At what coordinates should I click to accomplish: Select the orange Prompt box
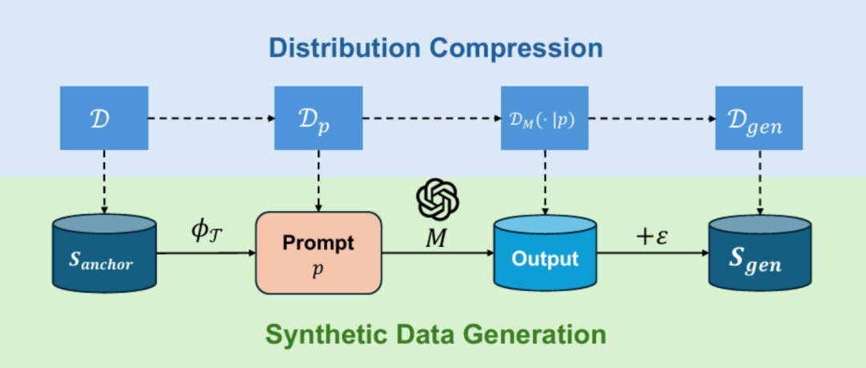point(318,252)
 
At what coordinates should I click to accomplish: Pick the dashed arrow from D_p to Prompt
point(319,180)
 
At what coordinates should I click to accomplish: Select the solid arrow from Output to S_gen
point(653,253)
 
